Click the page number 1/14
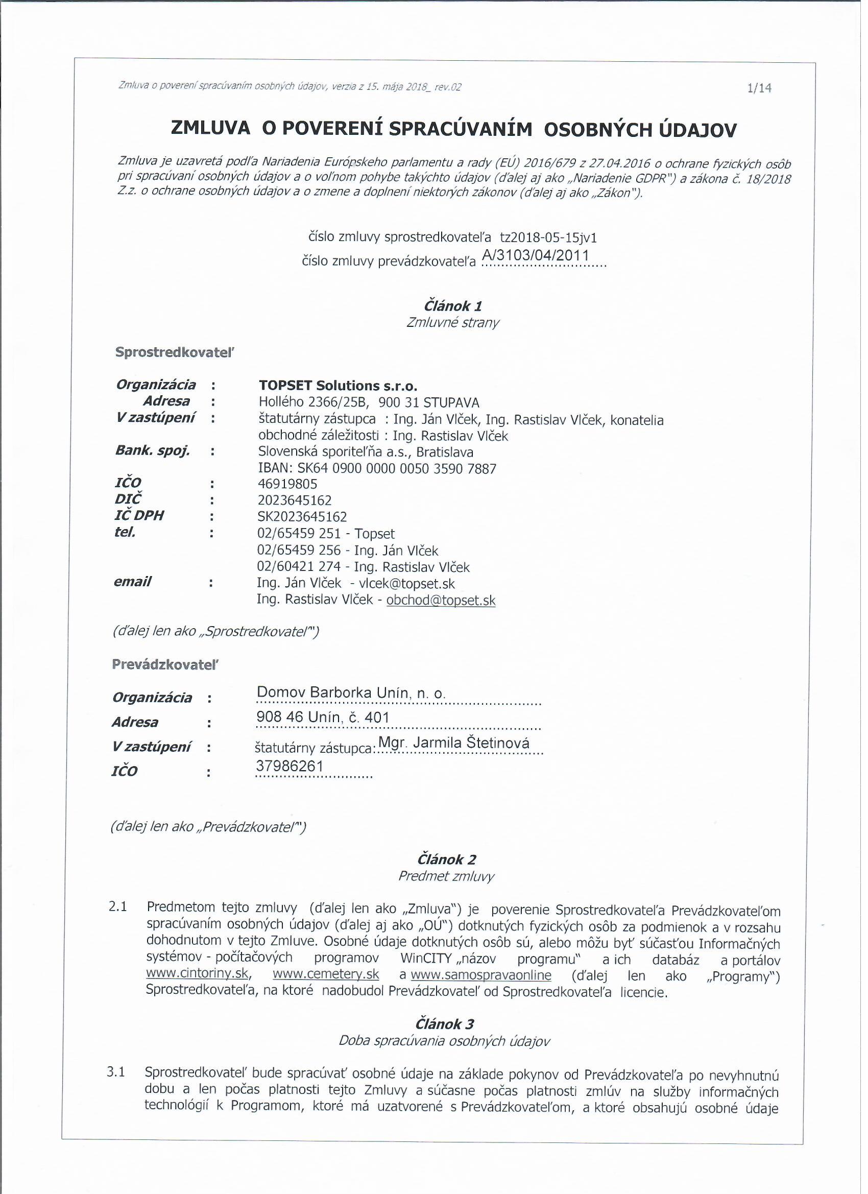click(x=759, y=88)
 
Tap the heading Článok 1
click(x=453, y=306)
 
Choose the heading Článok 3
click(x=444, y=1024)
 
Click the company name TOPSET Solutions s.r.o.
click(x=338, y=386)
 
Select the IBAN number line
click(x=377, y=468)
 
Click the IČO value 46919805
click(x=287, y=484)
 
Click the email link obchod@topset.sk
click(x=441, y=601)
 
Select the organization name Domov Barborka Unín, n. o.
click(x=351, y=694)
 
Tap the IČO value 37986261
click(x=290, y=766)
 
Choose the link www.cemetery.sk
click(x=326, y=974)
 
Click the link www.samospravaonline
click(x=480, y=975)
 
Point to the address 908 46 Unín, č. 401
click(x=322, y=717)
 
